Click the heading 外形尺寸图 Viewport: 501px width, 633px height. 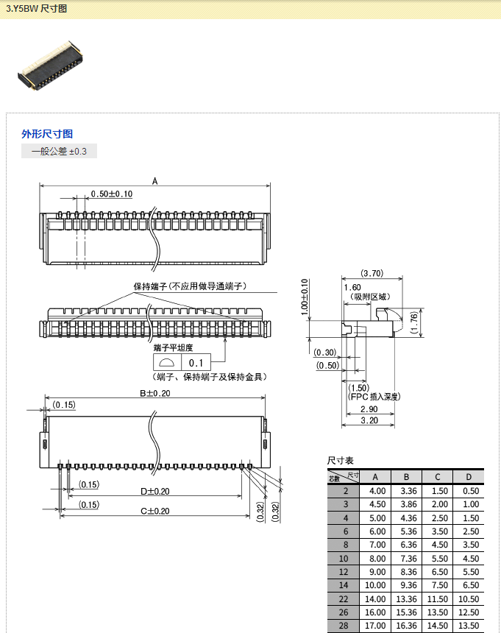pyautogui.click(x=47, y=134)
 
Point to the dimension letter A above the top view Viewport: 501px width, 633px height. pyautogui.click(x=154, y=180)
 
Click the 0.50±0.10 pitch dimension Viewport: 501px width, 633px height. pyautogui.click(x=111, y=194)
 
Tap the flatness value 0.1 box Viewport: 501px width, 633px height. pyautogui.click(x=196, y=363)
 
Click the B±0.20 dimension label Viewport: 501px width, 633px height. pyautogui.click(x=155, y=393)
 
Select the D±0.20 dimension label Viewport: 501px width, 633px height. pyautogui.click(x=155, y=491)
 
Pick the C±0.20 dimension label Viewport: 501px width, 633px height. pyautogui.click(x=155, y=511)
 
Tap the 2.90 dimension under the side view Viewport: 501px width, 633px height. pyautogui.click(x=369, y=409)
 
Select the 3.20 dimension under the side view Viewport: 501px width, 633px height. pyautogui.click(x=369, y=420)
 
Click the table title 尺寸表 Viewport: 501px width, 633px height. pyautogui.click(x=341, y=459)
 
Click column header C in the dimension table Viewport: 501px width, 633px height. pyautogui.click(x=437, y=476)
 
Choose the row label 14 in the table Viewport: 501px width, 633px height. pyautogui.click(x=344, y=585)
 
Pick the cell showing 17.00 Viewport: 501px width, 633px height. pyautogui.click(x=377, y=626)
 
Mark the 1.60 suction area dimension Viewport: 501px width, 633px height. pyautogui.click(x=352, y=287)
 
